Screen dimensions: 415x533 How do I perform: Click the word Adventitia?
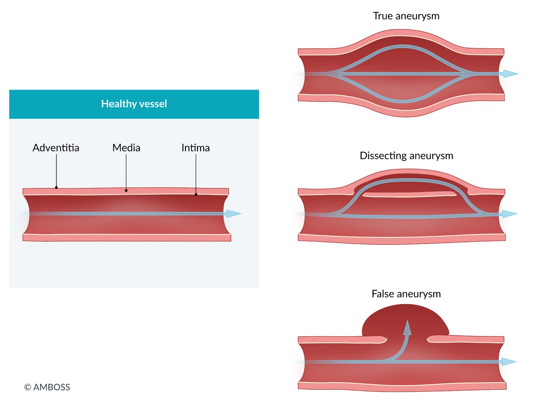pyautogui.click(x=56, y=148)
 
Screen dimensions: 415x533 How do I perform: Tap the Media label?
pyautogui.click(x=126, y=148)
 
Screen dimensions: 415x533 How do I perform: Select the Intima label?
pyautogui.click(x=195, y=148)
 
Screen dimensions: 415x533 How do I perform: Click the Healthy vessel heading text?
pyautogui.click(x=134, y=104)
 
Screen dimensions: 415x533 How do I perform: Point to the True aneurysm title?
pyautogui.click(x=406, y=16)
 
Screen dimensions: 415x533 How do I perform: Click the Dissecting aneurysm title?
pyautogui.click(x=406, y=156)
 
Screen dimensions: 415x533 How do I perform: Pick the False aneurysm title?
pyautogui.click(x=406, y=294)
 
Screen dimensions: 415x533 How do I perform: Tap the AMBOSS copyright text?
pyautogui.click(x=47, y=387)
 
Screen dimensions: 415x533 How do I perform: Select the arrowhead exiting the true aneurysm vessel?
pyautogui.click(x=511, y=74)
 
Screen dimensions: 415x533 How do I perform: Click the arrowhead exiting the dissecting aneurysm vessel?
pyautogui.click(x=510, y=214)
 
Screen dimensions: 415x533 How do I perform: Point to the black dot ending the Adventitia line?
pyautogui.click(x=56, y=188)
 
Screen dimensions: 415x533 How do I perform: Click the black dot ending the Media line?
pyautogui.click(x=126, y=190)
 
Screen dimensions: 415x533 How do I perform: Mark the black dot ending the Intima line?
pyautogui.click(x=196, y=194)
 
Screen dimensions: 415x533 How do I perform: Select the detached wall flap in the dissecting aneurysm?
pyautogui.click(x=409, y=194)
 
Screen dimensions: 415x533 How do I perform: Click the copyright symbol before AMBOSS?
pyautogui.click(x=28, y=387)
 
